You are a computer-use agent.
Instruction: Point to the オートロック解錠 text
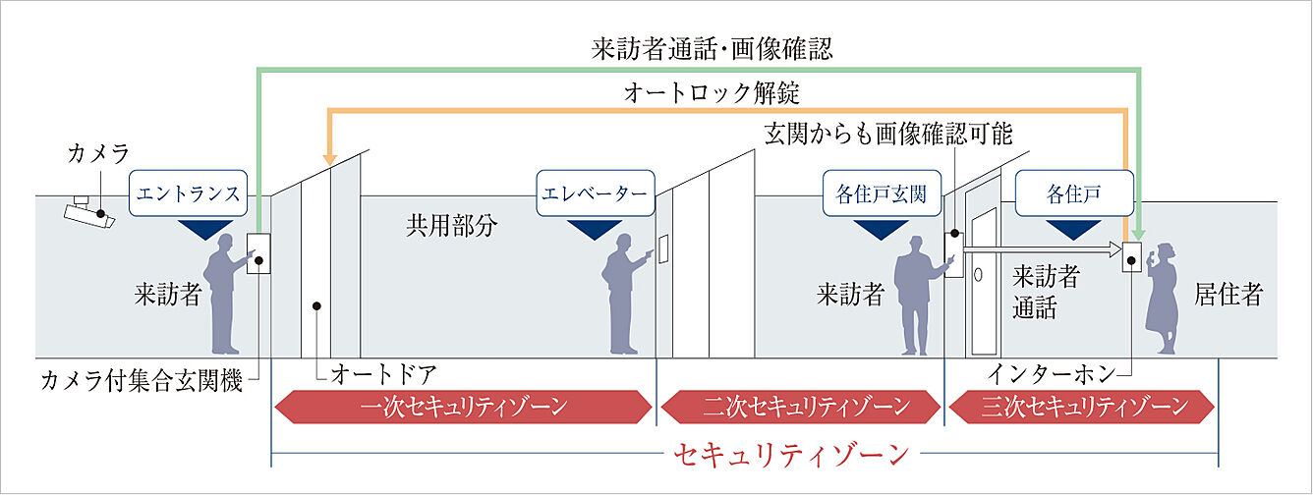(x=713, y=94)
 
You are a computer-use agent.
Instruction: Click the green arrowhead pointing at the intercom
(x=1137, y=228)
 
